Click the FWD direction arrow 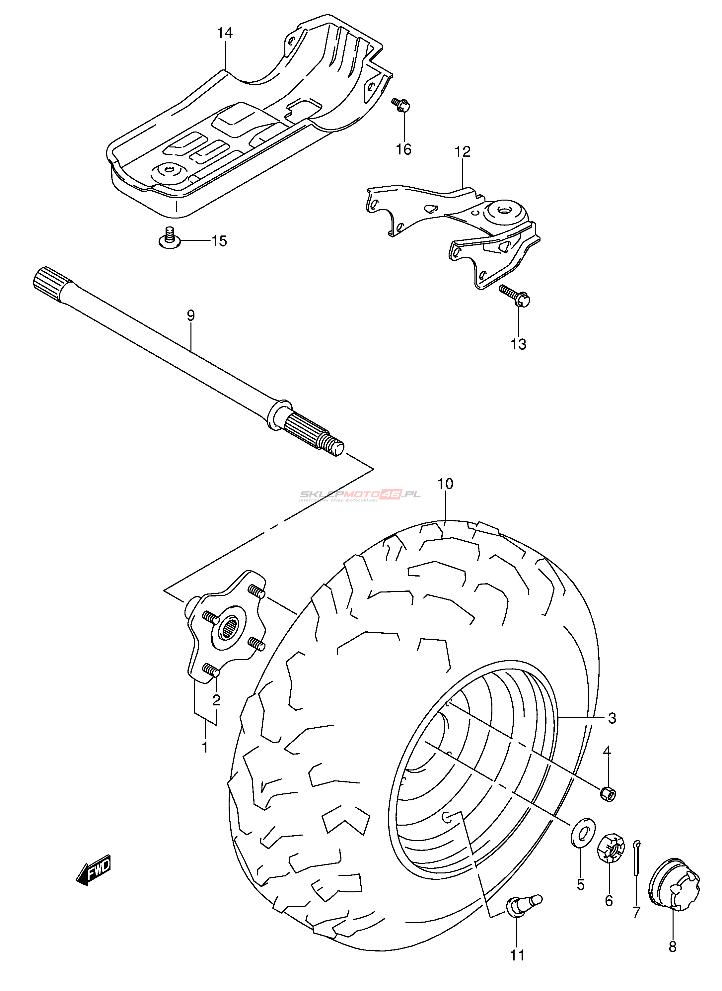point(94,870)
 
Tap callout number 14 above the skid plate point(225,33)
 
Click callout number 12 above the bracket point(463,152)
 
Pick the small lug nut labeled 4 point(608,793)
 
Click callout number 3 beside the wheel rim point(612,718)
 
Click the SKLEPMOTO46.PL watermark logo point(360,495)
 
